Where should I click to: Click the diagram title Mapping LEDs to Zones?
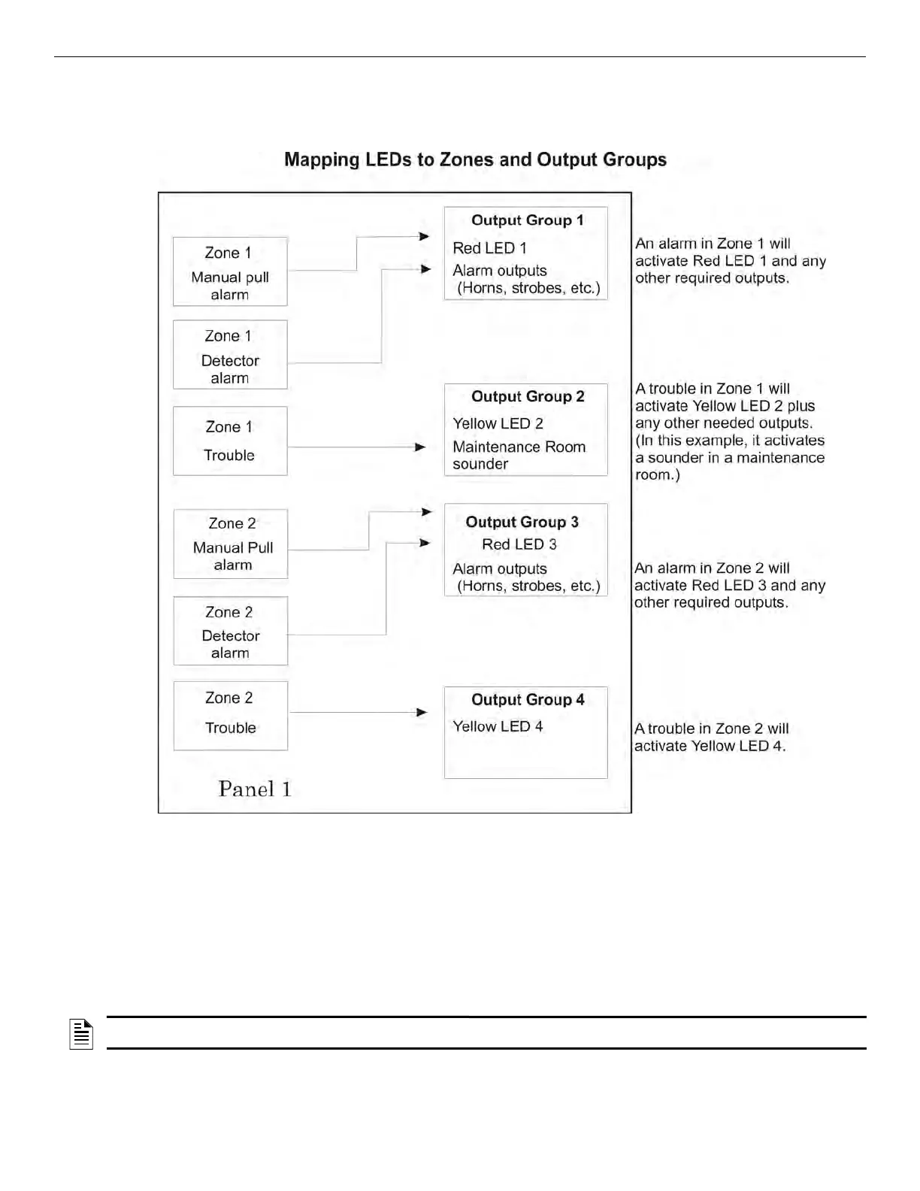pos(475,160)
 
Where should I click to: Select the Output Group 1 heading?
pos(527,220)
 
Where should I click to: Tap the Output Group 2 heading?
pos(528,396)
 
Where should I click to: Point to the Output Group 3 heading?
pos(522,522)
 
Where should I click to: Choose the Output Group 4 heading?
pos(528,699)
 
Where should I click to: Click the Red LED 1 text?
pos(489,247)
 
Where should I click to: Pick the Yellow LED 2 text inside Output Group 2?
pos(498,423)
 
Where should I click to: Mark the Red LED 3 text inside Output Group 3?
pos(519,544)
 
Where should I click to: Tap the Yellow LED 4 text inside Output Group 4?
pos(498,726)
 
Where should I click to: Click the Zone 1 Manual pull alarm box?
pos(230,271)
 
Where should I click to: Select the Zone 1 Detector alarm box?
pos(230,355)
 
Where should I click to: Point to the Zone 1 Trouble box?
pos(230,441)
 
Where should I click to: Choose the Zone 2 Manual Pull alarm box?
pos(231,544)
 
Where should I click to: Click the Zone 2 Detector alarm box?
pos(231,631)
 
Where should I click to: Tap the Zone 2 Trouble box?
pos(231,715)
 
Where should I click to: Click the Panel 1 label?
pos(254,789)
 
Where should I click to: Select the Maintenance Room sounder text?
pos(519,455)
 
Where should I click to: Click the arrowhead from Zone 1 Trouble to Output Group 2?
pos(421,447)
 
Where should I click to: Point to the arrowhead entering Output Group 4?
pos(422,712)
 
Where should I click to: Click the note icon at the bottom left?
pos(81,1034)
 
